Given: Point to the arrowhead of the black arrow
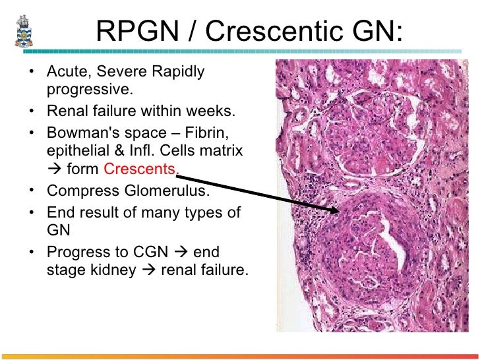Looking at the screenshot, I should pyautogui.click(x=338, y=211).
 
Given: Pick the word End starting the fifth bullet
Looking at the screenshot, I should pyautogui.click(x=61, y=212).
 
